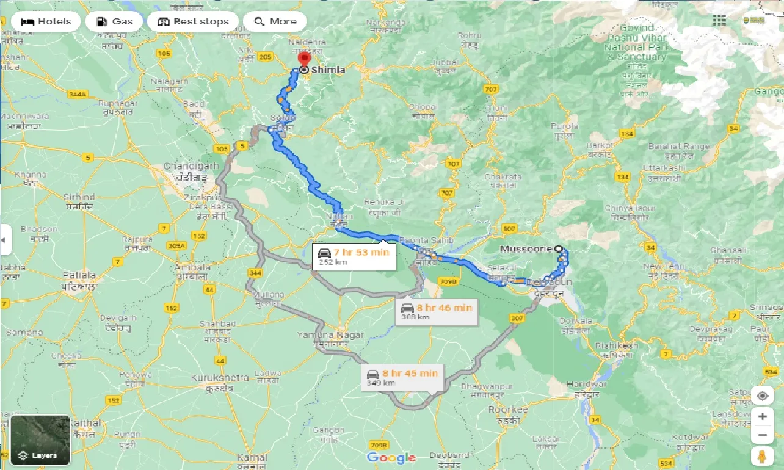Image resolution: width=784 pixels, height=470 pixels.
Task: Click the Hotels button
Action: point(46,21)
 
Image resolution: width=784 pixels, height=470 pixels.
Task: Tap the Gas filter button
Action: point(114,21)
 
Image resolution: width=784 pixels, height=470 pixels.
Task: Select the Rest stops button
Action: point(193,21)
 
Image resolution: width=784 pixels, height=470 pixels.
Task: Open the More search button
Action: point(275,21)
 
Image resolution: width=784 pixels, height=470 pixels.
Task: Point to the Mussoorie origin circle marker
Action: point(558,249)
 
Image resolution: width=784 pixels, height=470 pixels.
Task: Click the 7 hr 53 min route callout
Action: point(354,256)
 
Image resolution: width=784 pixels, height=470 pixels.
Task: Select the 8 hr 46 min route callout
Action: point(437,311)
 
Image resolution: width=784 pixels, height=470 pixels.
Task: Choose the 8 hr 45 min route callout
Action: point(402,377)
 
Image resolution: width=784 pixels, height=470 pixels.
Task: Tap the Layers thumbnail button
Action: point(40,440)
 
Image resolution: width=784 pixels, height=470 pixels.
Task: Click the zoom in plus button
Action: point(762,416)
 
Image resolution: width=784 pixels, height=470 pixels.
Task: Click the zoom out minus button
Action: point(762,436)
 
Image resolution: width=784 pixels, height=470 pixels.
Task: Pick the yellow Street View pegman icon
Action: point(762,457)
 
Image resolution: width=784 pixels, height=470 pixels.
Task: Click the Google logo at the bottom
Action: point(391,457)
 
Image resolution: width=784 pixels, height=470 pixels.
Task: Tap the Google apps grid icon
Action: point(719,20)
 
